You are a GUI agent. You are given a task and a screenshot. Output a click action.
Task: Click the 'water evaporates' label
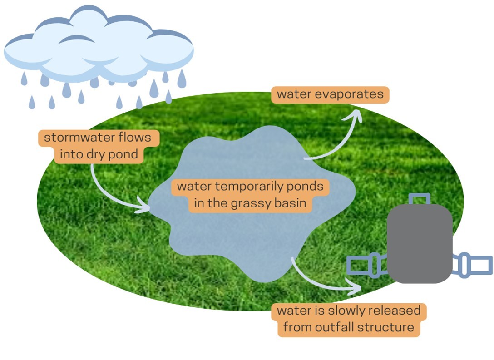point(330,94)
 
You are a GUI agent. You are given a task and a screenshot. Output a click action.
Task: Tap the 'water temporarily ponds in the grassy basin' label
point(250,195)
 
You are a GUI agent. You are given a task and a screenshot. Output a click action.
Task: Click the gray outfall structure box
point(419,243)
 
